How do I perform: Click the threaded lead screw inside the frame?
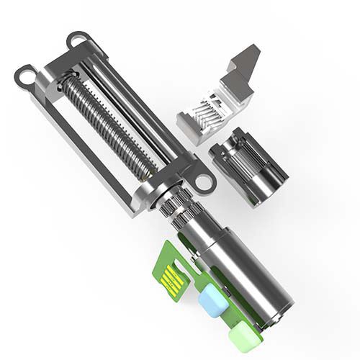108,126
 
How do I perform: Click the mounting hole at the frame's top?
77,40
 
